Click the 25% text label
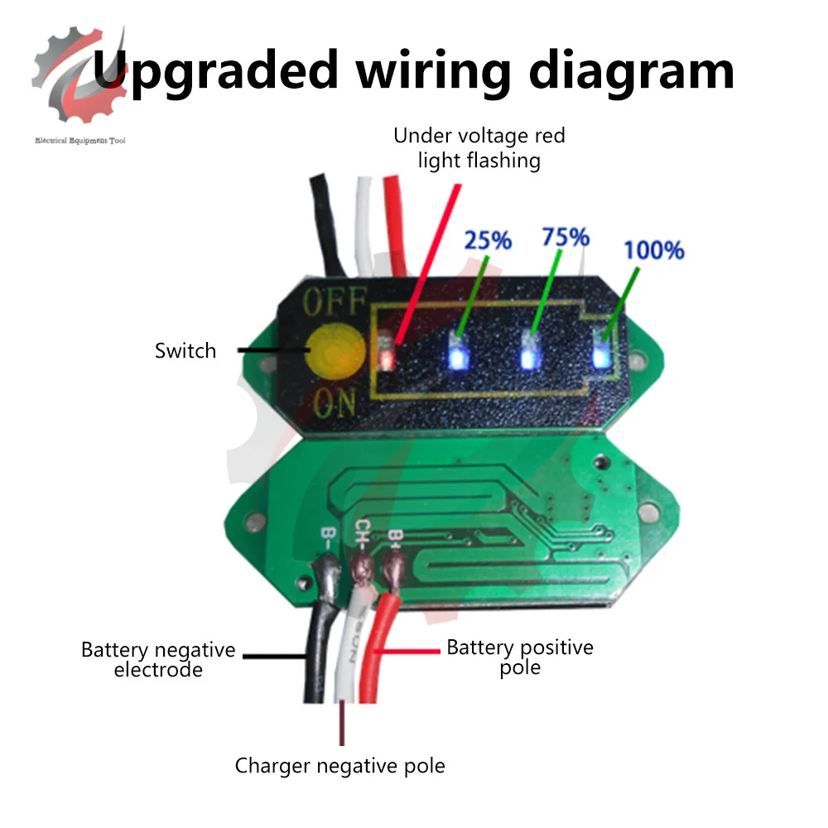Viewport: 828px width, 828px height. [488, 240]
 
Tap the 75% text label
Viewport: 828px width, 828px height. [565, 237]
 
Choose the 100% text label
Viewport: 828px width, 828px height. [653, 249]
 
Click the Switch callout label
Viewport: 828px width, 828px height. [185, 350]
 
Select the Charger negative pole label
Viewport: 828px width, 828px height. [339, 765]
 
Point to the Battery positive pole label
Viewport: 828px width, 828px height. [520, 656]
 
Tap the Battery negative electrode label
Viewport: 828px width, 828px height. [158, 659]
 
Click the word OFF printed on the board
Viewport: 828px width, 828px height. [334, 302]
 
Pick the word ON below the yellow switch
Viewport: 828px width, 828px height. [335, 404]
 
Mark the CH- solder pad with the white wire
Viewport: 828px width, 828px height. [361, 568]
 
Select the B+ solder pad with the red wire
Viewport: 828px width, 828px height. [393, 568]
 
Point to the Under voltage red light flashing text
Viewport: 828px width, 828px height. [479, 147]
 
